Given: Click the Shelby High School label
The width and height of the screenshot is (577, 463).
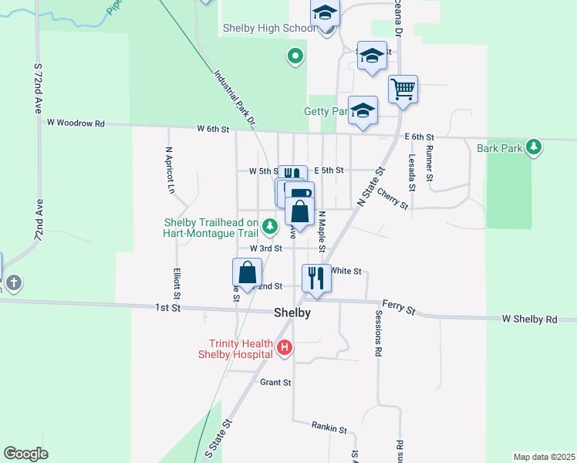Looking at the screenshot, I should tap(268, 28).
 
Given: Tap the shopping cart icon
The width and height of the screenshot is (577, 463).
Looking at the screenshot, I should tap(403, 90).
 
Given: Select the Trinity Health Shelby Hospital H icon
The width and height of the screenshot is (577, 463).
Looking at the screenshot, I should tap(285, 349).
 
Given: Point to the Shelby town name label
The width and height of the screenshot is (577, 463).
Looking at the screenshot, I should tap(292, 313).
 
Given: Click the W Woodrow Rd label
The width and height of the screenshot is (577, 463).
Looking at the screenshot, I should tap(75, 122).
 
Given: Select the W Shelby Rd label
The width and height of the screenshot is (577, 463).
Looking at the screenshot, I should tap(529, 319).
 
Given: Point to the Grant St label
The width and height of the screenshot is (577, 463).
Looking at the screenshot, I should tap(275, 382).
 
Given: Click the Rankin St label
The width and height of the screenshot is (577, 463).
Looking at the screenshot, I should tap(329, 427).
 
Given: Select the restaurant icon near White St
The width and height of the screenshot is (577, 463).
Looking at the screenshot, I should tap(316, 276).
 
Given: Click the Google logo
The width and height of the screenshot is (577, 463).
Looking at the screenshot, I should tap(26, 454).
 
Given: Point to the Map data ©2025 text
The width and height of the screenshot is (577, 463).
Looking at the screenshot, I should tap(544, 457).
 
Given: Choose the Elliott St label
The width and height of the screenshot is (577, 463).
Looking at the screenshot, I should tap(177, 284).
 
